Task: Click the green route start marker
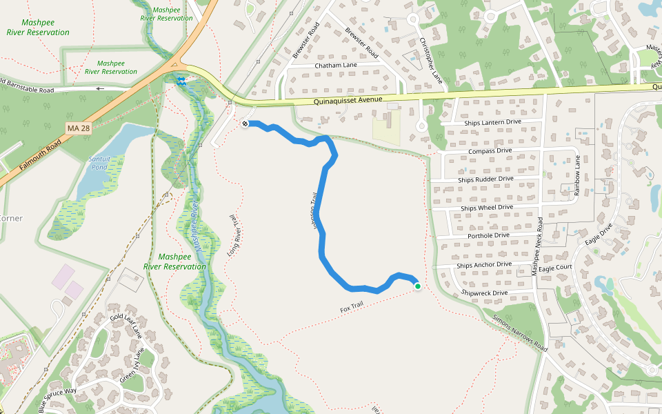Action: point(417,286)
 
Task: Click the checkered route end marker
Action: point(245,124)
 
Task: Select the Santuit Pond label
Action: point(99,164)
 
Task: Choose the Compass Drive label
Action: point(490,150)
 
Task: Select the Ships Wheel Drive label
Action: point(487,207)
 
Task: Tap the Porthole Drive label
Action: point(488,235)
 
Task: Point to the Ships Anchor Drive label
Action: point(484,264)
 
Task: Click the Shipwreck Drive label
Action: point(484,293)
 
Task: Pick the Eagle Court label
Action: point(555,268)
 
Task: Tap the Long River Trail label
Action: point(235,235)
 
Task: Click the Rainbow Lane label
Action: point(578,176)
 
